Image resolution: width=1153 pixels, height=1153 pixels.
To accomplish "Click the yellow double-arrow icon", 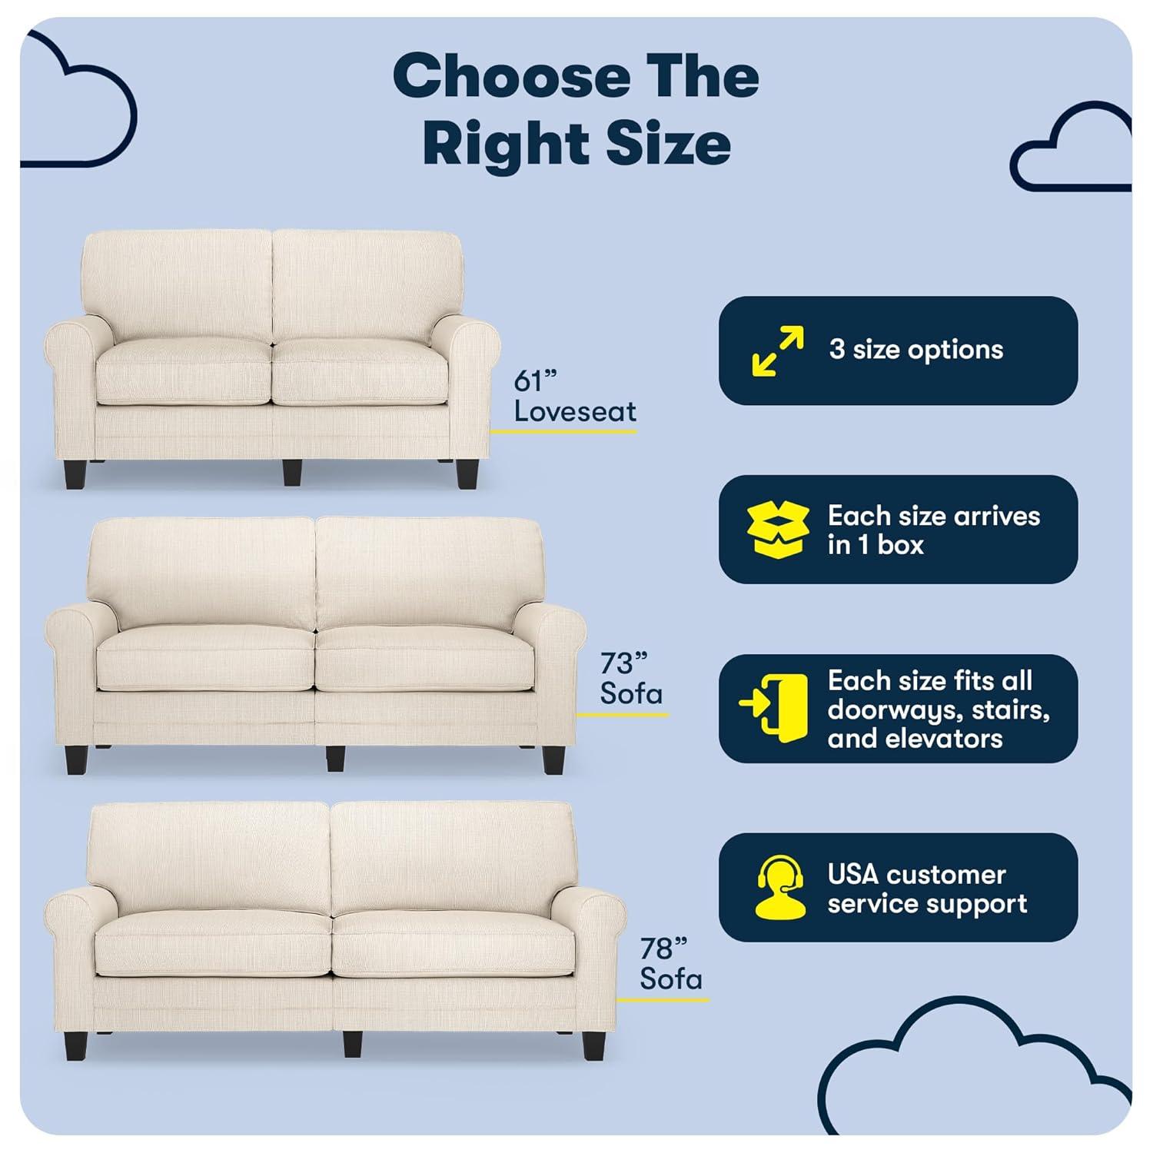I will tap(778, 351).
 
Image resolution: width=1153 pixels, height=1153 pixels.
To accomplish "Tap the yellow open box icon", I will tap(778, 530).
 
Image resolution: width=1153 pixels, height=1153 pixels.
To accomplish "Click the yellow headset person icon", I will tap(780, 888).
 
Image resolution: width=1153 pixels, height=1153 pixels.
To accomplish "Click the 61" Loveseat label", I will tap(574, 397).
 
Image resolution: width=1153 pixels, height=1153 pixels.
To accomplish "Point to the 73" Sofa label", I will tap(630, 679).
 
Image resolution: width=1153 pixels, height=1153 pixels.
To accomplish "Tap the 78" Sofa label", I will tap(670, 964).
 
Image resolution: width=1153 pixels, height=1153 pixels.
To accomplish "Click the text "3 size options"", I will tap(915, 351).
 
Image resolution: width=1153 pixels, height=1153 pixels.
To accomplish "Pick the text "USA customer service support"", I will tap(926, 889).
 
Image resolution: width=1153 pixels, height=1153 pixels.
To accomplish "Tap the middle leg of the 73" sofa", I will tap(334, 758).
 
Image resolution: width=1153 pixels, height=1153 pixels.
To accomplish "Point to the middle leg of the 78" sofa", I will tap(352, 1043).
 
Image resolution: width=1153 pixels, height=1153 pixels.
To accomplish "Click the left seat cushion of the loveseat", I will tap(184, 373).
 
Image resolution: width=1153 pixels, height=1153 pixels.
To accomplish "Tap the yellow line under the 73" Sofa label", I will tap(622, 715).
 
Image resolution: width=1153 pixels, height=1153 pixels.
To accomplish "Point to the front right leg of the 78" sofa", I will tap(593, 1045).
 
